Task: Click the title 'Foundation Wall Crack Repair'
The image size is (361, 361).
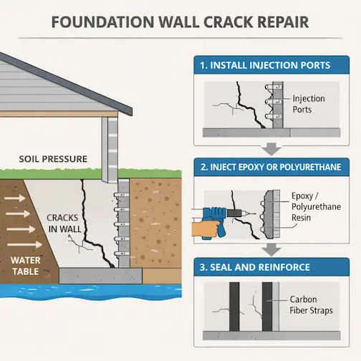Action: (x=180, y=21)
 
